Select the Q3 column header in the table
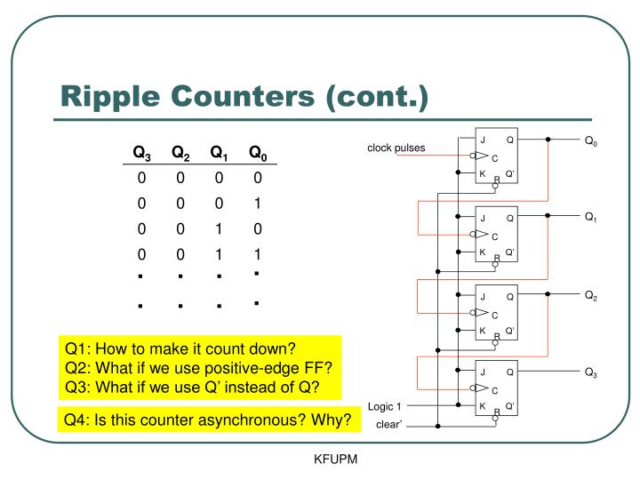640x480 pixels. (x=142, y=153)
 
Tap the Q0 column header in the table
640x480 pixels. (x=258, y=153)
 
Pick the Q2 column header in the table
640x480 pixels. (x=180, y=153)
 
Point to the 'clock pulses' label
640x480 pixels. (x=396, y=148)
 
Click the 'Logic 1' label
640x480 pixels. (x=385, y=407)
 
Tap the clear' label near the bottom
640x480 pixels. (x=389, y=425)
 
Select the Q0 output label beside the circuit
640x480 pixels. (x=591, y=140)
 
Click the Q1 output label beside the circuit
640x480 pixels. (x=591, y=218)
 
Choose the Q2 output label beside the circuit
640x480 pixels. (x=591, y=296)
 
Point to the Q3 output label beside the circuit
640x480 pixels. (x=591, y=372)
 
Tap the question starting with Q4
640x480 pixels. (x=207, y=419)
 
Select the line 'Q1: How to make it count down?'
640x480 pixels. (x=180, y=348)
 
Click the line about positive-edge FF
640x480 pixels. (x=197, y=368)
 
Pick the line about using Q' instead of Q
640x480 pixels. (x=191, y=388)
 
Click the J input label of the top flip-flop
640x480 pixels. (x=483, y=140)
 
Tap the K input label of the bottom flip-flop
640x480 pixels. (x=483, y=406)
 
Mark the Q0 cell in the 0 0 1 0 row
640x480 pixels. (x=257, y=228)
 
